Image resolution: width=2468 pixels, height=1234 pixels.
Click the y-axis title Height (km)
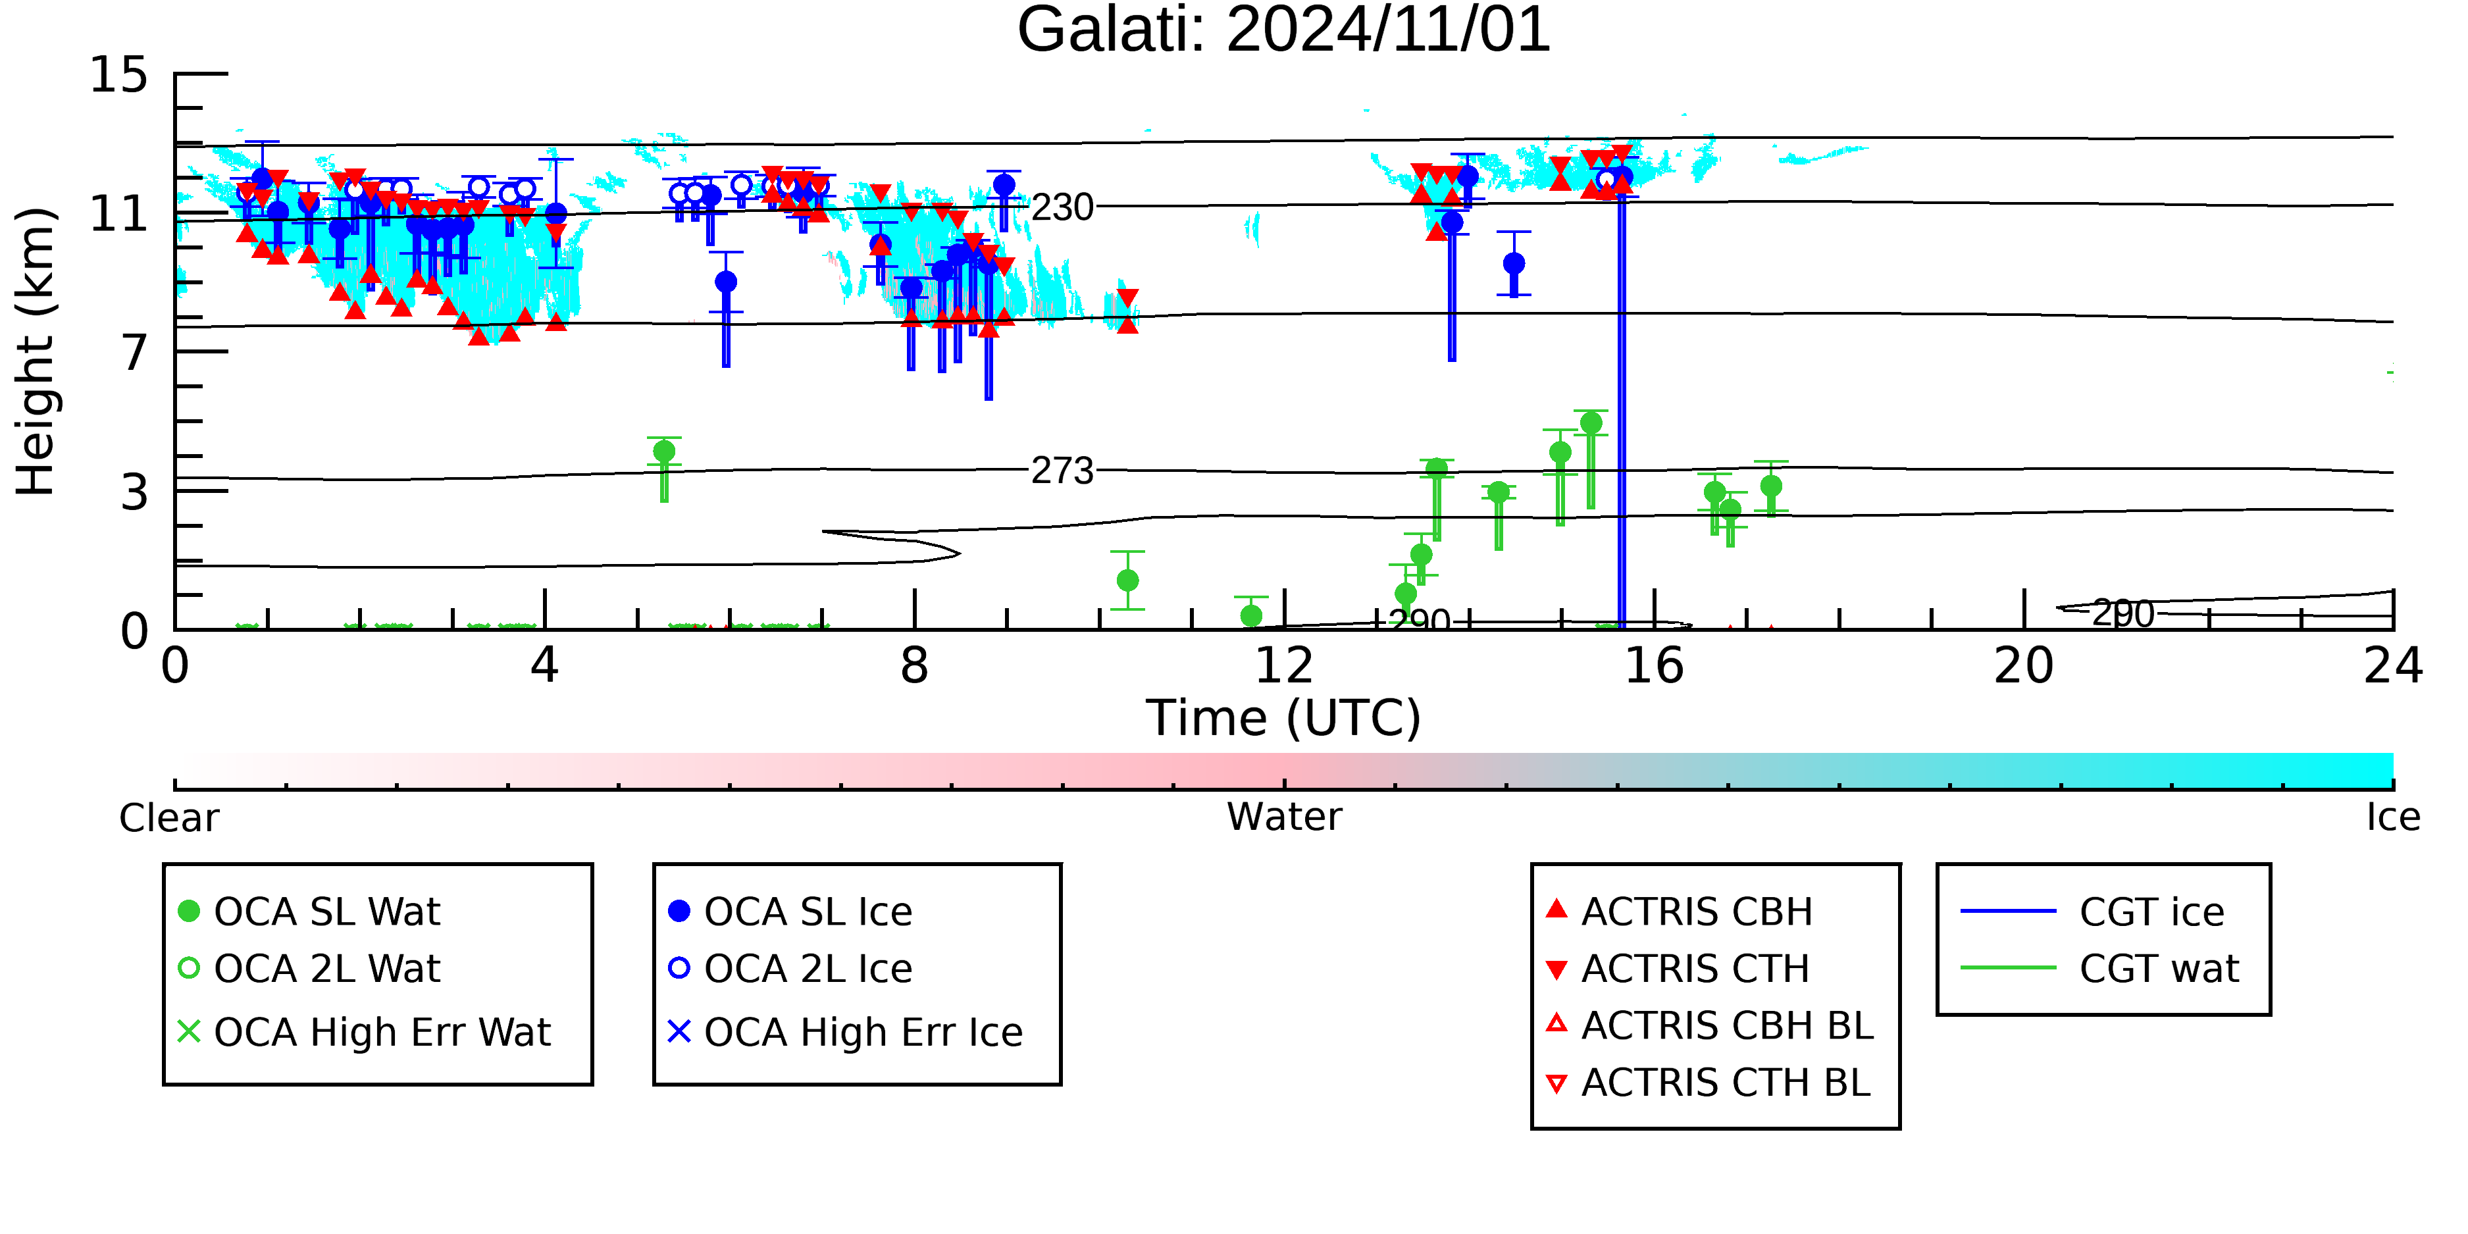[36, 351]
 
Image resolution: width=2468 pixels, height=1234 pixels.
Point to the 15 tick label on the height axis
[119, 75]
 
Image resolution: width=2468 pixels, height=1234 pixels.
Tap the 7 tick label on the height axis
[134, 353]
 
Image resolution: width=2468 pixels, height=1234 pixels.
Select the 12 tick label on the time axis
[1284, 666]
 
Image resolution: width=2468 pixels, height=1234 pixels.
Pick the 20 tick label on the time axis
[2024, 666]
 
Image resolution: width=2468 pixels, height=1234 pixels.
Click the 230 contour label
[1062, 207]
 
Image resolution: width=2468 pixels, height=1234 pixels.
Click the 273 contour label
[1062, 471]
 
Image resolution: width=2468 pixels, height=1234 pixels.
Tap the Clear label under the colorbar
[168, 818]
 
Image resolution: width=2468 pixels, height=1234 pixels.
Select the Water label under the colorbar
[1284, 817]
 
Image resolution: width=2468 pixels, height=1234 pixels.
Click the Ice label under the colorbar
[2393, 817]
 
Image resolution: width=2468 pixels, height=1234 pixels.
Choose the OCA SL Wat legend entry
[309, 911]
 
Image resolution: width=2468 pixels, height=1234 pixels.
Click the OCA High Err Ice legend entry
[845, 1032]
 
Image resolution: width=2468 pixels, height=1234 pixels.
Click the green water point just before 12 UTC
[1251, 615]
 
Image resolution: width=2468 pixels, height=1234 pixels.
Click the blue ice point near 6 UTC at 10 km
[726, 282]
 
